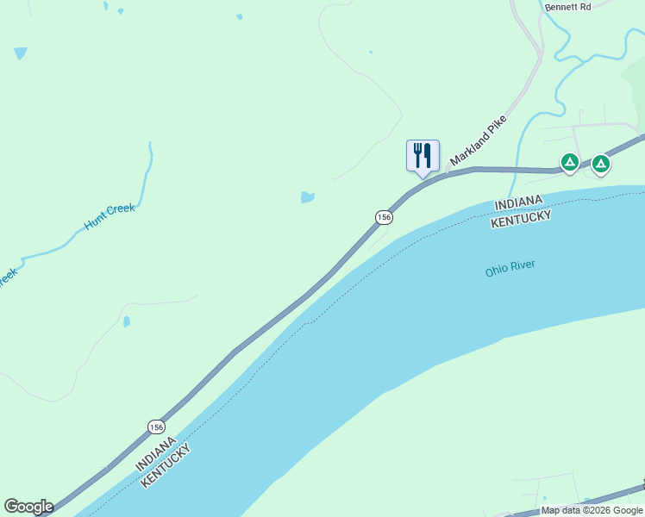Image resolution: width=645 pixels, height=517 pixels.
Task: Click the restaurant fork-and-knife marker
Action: click(423, 156)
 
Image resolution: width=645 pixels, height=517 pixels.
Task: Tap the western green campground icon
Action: click(569, 161)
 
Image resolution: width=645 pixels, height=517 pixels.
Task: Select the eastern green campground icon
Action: click(601, 162)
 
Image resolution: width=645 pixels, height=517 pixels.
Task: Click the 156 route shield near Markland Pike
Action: click(384, 217)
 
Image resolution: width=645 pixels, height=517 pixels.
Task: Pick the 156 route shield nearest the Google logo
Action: click(156, 427)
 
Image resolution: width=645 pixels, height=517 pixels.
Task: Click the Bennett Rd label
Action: click(567, 7)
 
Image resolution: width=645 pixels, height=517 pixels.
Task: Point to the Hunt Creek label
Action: click(110, 215)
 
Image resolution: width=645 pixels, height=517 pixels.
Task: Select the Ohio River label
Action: click(510, 269)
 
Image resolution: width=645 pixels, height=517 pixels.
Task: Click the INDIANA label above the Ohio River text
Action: click(520, 203)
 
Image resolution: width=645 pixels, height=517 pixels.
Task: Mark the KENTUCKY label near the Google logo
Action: click(169, 464)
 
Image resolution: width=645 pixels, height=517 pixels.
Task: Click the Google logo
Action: click(28, 507)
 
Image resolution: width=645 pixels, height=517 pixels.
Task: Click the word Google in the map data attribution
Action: click(628, 511)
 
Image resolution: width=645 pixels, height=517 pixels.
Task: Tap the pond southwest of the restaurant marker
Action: click(307, 197)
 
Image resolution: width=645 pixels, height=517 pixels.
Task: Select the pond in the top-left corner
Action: click(21, 53)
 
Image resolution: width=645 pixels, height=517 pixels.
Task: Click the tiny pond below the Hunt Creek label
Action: click(127, 322)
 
